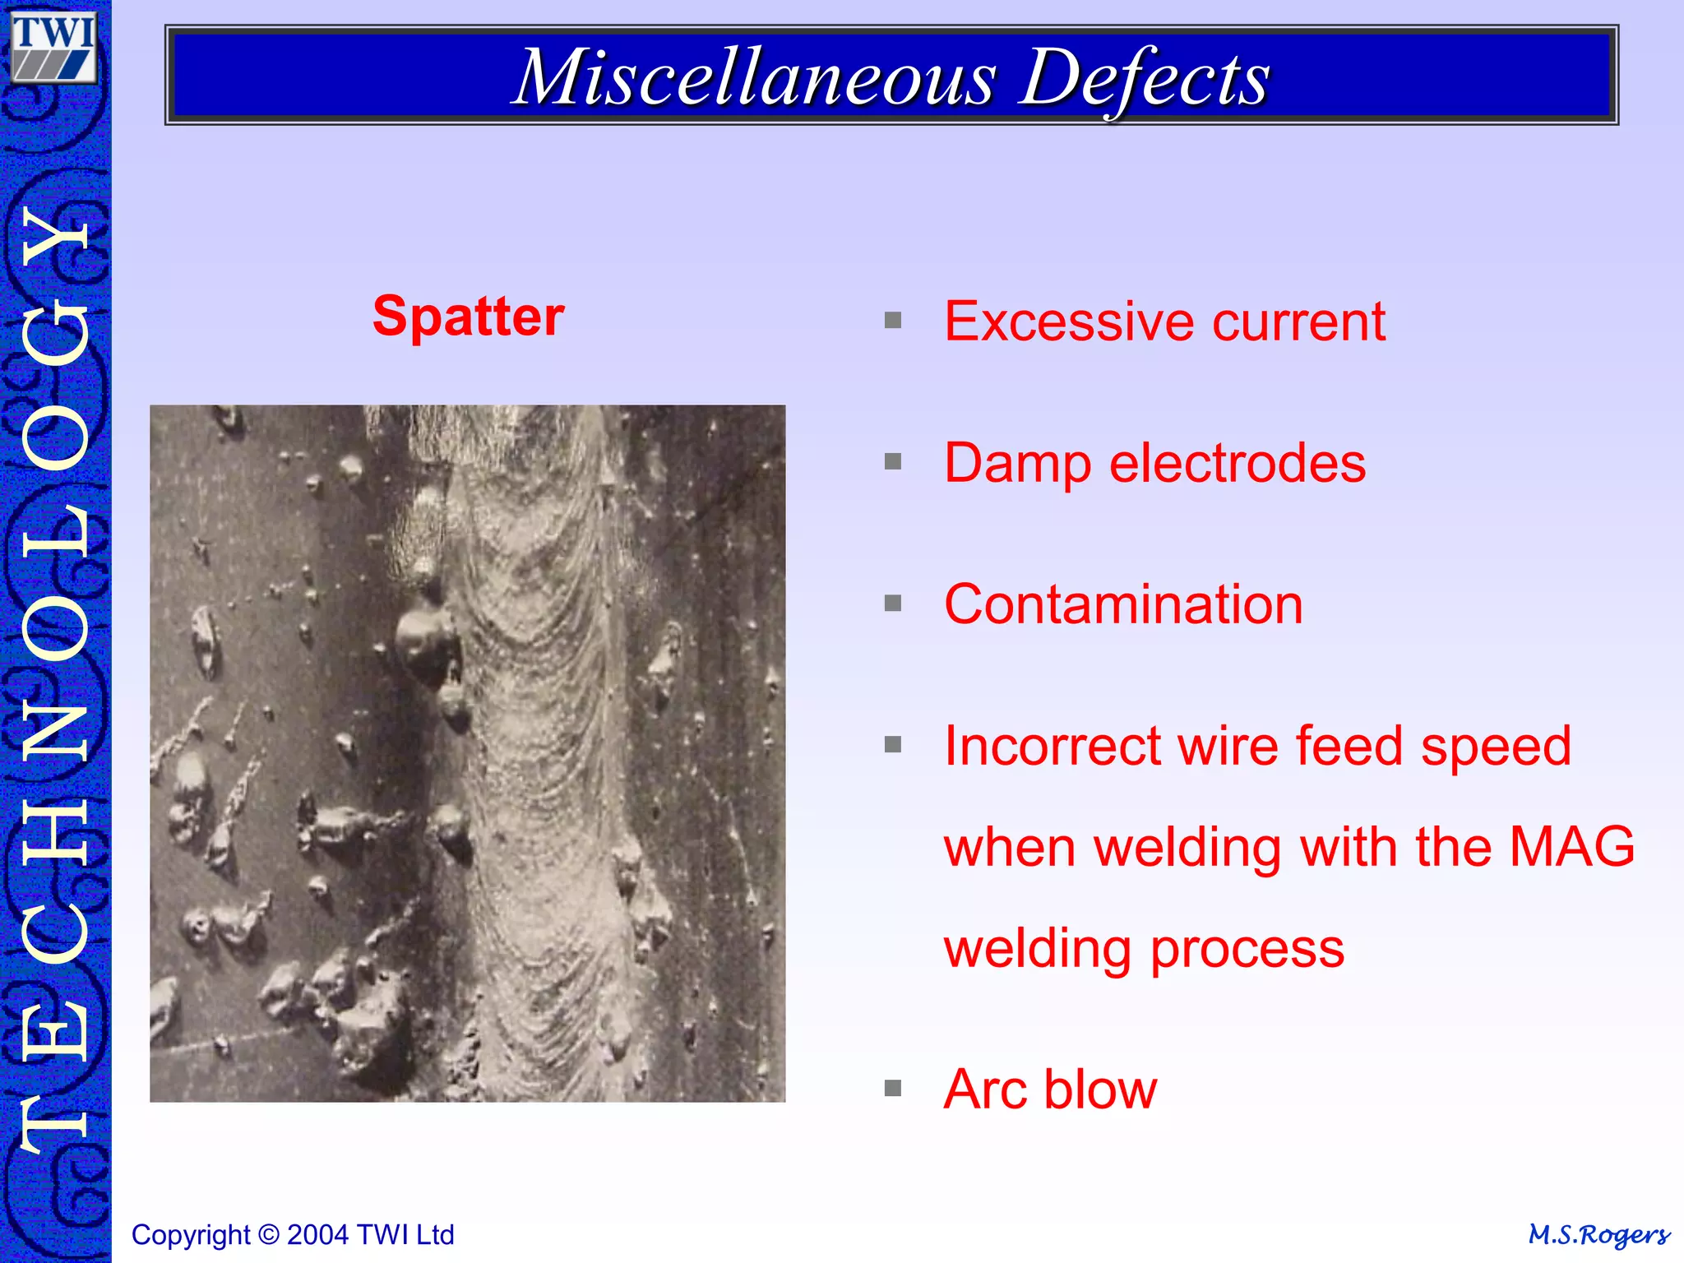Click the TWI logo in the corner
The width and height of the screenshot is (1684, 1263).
(54, 48)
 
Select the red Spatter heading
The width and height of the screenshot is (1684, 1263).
(468, 317)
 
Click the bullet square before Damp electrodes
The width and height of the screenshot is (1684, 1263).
(893, 462)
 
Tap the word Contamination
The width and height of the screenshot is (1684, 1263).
(1123, 604)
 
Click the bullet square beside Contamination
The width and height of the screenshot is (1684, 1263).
(893, 604)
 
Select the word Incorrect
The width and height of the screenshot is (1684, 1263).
(1052, 747)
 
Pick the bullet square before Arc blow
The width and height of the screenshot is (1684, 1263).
(893, 1089)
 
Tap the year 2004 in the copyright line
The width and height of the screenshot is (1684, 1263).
(319, 1235)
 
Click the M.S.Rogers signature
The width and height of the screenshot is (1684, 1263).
(1598, 1235)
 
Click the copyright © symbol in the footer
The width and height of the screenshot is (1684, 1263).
(268, 1235)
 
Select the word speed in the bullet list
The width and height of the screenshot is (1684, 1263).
(1496, 747)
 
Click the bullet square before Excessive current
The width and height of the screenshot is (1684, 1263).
(893, 321)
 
